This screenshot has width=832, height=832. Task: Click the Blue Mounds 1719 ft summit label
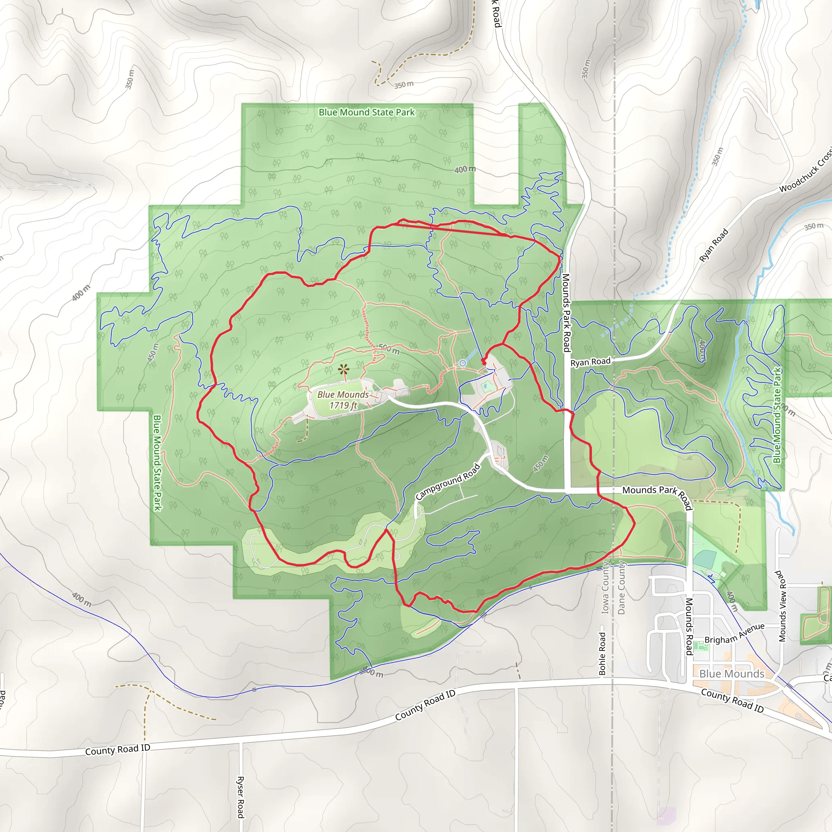pos(343,400)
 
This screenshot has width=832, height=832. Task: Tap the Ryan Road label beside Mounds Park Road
pos(590,362)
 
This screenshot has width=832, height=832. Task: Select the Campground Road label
pos(447,481)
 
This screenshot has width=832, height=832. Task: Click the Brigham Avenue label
pos(734,634)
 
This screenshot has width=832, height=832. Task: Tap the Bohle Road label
pos(602,653)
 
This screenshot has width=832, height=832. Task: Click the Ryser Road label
pos(240,797)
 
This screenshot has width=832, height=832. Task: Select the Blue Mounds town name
pos(732,674)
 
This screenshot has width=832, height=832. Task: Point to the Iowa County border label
pos(605,588)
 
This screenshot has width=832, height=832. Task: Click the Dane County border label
pos(621,587)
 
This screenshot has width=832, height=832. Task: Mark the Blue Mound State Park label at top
pos(366,113)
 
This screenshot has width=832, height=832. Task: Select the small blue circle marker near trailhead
pos(462,363)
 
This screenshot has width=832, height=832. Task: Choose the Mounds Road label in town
pos(689,626)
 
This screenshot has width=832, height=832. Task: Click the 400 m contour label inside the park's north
pos(465,169)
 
